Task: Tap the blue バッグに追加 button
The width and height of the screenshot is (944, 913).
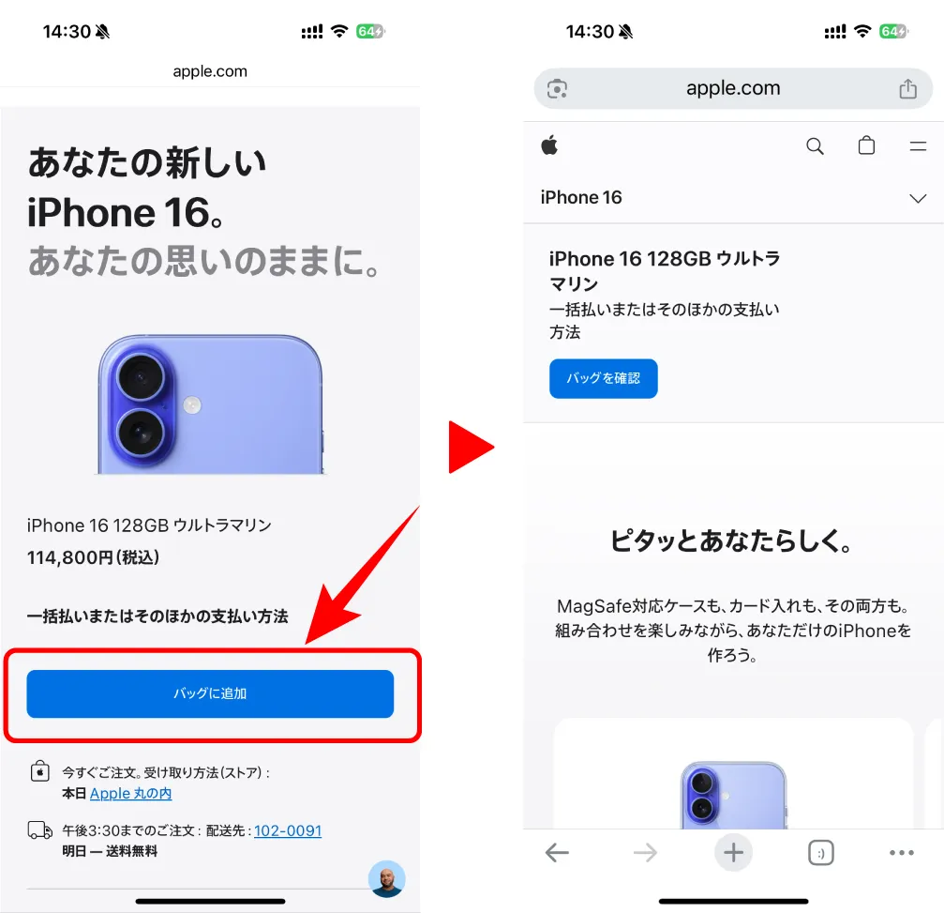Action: [x=210, y=693]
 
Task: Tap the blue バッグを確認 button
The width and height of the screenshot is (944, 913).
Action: [x=603, y=378]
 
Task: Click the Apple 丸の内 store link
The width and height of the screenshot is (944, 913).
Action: [x=130, y=794]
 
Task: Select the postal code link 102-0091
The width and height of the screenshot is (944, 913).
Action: [x=287, y=830]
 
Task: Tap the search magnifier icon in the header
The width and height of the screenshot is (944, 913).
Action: [x=815, y=145]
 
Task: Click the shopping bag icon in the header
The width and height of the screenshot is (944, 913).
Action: [x=866, y=145]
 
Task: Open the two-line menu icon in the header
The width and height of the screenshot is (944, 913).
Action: [x=918, y=145]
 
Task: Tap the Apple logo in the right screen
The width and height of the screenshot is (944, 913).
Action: [x=549, y=145]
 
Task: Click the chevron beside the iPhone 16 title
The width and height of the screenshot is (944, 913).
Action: [x=918, y=198]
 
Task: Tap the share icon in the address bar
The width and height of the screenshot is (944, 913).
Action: [x=907, y=89]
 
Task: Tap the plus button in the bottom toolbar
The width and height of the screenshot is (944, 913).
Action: [x=733, y=853]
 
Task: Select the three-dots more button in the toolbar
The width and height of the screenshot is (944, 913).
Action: [x=901, y=853]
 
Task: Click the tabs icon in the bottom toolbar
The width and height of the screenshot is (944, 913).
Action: [x=820, y=853]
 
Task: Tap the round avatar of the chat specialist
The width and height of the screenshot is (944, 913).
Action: [x=386, y=878]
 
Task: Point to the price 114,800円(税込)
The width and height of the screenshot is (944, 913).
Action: [x=93, y=557]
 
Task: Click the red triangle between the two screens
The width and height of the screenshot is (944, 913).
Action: [x=469, y=448]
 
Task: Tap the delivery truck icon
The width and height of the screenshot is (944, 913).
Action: [x=39, y=830]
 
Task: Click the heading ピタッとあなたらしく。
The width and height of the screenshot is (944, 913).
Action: [x=731, y=541]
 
